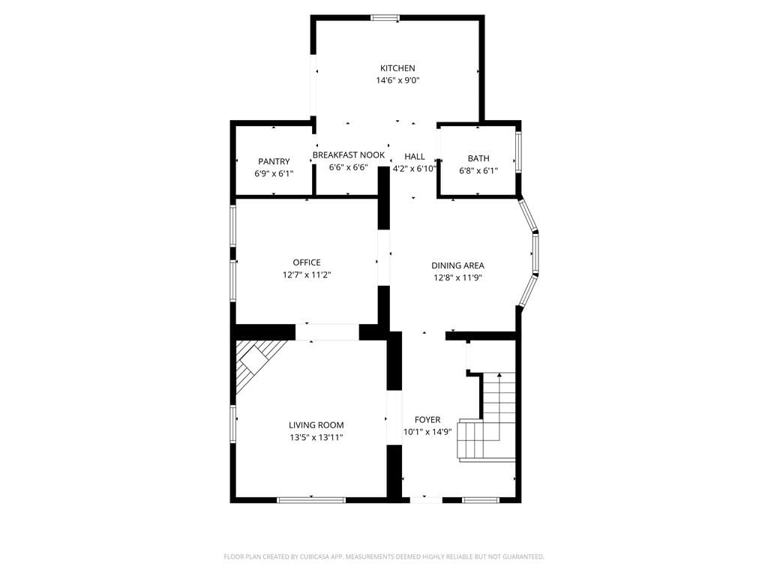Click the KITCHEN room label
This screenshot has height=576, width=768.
coord(397,68)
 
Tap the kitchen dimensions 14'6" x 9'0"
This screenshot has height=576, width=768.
coord(397,80)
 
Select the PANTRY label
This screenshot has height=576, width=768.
coord(274,161)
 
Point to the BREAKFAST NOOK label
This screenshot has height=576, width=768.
coord(348,154)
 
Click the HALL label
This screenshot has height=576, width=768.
coord(414,156)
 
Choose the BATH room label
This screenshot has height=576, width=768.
coord(478,158)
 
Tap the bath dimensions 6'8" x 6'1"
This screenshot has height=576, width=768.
coord(478,170)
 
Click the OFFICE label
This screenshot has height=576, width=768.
coord(307,262)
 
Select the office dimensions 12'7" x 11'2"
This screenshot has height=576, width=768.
coord(307,274)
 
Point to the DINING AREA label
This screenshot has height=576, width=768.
coord(457,265)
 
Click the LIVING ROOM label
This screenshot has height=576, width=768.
coord(316,425)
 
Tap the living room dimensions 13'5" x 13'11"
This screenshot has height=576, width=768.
coord(316,437)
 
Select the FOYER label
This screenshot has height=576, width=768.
coord(427,420)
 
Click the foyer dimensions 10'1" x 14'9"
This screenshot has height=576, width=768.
coord(427,432)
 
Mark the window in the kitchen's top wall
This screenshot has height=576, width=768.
coord(385,18)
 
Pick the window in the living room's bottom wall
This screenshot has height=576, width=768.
coord(311,500)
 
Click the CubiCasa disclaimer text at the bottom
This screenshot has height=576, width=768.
coord(384,556)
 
